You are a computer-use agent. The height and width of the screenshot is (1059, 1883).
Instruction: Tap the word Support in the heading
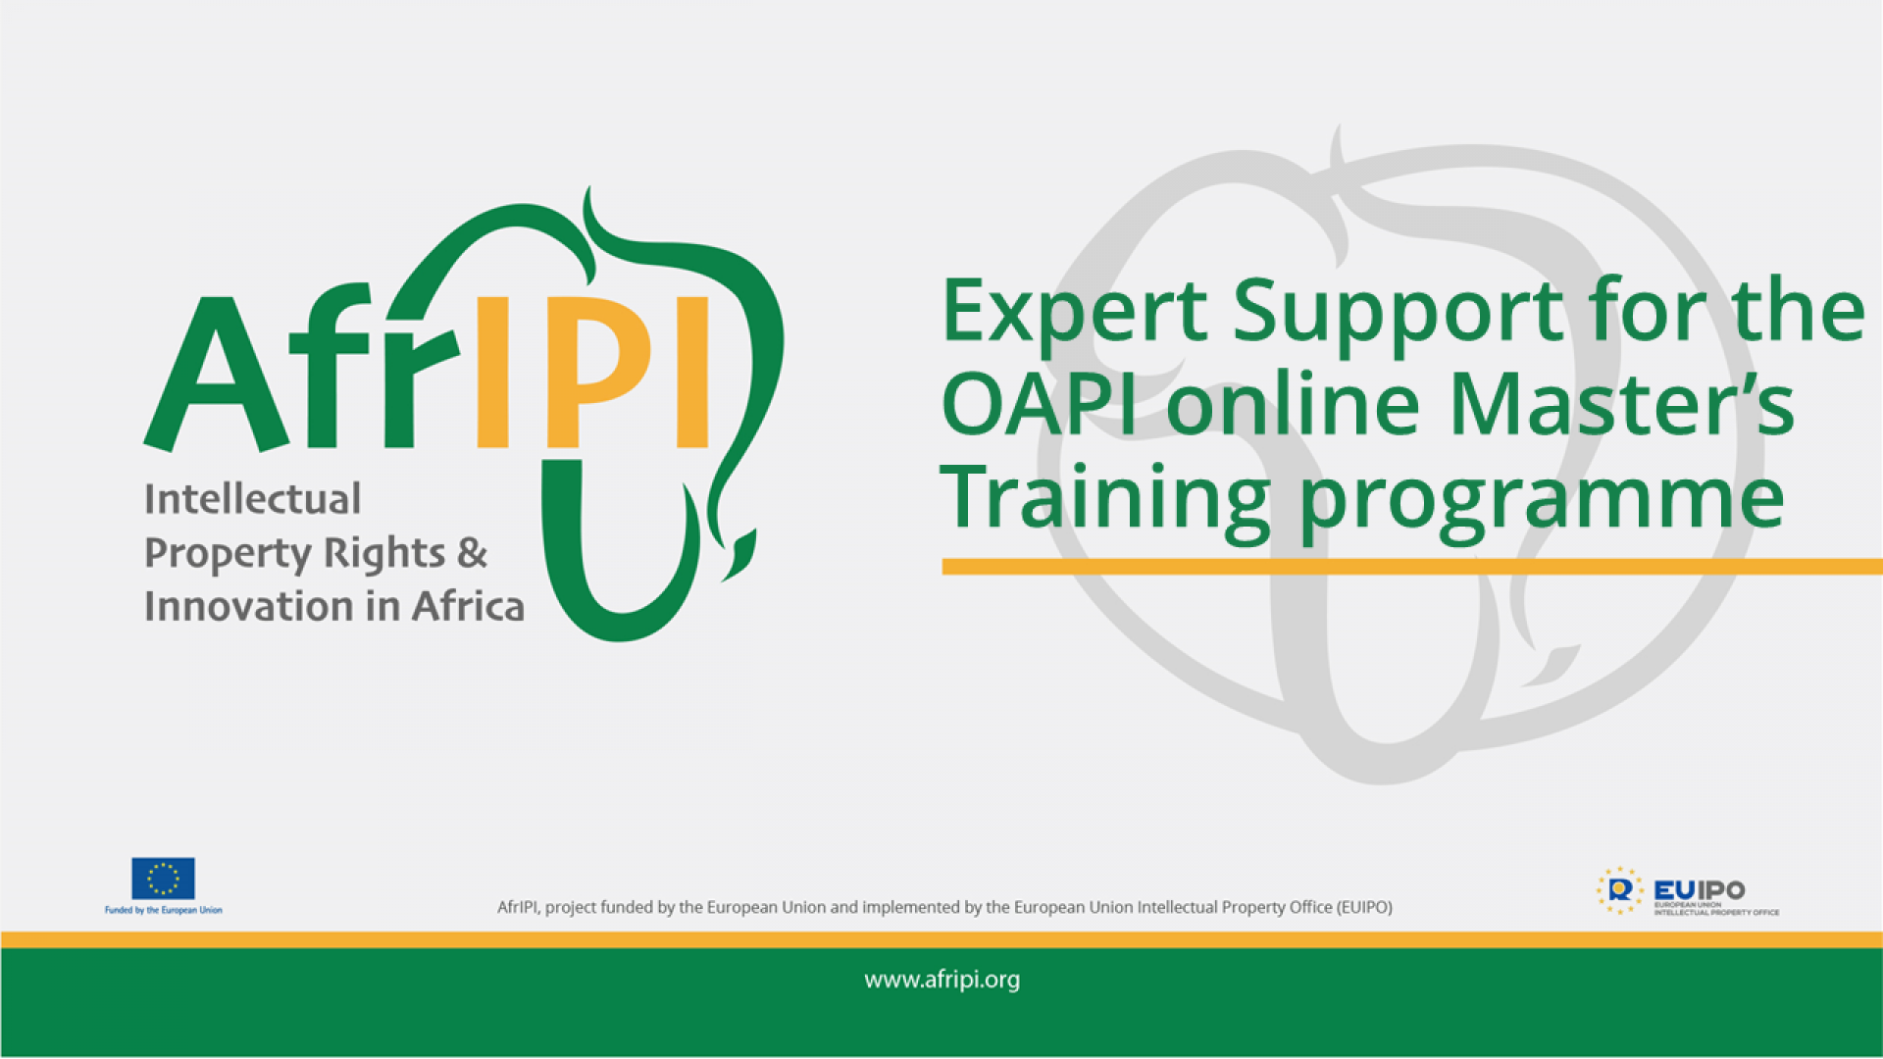(x=1398, y=312)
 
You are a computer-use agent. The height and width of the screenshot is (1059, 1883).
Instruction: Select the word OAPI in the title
(x=1040, y=404)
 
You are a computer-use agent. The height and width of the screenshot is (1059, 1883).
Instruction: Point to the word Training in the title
(x=1104, y=498)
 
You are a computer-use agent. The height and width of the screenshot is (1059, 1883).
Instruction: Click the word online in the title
(x=1293, y=404)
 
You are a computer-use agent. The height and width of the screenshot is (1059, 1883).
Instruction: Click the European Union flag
(x=163, y=879)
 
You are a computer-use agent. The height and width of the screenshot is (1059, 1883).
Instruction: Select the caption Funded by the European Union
(x=163, y=911)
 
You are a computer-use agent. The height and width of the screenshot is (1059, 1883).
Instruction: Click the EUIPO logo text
(x=1699, y=889)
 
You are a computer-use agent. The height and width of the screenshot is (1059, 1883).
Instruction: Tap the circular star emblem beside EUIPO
(x=1619, y=890)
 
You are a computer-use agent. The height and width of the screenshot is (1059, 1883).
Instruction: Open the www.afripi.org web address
(x=941, y=980)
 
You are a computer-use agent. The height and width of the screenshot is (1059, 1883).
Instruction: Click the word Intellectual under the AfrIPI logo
(x=253, y=499)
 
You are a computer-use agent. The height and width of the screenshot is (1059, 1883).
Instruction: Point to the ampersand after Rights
(x=472, y=553)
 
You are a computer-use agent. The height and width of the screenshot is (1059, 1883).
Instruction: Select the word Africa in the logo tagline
(x=468, y=607)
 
